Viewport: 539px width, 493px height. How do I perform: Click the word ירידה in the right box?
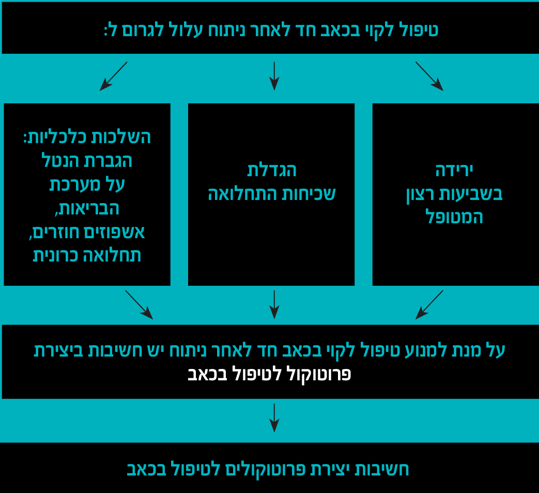(454, 170)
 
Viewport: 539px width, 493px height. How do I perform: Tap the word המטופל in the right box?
(454, 218)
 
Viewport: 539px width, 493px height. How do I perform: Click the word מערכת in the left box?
(71, 184)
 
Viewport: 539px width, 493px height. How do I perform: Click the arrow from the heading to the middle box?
(274, 76)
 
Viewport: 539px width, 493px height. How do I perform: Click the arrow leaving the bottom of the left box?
(139, 304)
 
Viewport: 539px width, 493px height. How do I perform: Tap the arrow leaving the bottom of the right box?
(429, 304)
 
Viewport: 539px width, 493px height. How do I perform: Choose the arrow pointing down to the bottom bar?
(274, 418)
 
